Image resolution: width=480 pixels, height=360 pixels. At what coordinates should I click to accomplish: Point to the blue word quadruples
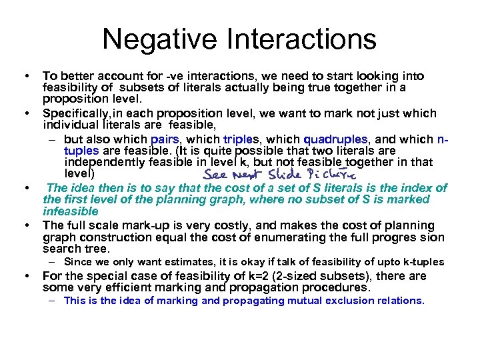coord(335,139)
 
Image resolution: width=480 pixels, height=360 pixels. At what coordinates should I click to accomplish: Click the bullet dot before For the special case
coord(25,276)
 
